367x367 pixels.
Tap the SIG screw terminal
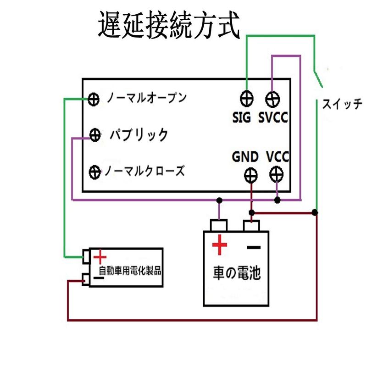[x=247, y=98]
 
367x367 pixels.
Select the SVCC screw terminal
[x=273, y=98]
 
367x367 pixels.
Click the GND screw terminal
[x=250, y=174]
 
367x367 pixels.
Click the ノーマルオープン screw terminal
[x=94, y=99]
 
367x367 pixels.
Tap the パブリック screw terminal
[x=95, y=135]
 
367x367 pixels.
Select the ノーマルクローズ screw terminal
[x=95, y=172]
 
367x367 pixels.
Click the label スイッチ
[x=342, y=103]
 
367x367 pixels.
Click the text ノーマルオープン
[x=146, y=98]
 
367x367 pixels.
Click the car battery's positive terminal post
[x=219, y=226]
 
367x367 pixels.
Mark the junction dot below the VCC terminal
[x=277, y=200]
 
